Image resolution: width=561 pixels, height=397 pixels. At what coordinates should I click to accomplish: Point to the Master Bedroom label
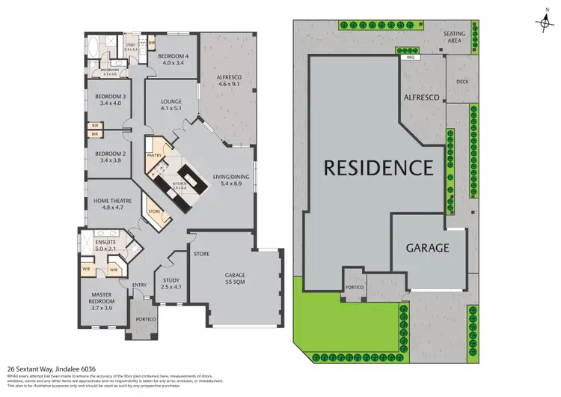[102, 299]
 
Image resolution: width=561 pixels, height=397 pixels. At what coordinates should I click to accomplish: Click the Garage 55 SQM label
[235, 279]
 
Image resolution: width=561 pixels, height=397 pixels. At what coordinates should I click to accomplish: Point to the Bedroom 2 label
[109, 157]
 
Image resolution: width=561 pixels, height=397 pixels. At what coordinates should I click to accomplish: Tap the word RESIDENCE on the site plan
[378, 167]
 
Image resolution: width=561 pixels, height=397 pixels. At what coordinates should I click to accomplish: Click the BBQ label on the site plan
[409, 56]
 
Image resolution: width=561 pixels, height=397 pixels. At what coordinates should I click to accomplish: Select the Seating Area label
[455, 37]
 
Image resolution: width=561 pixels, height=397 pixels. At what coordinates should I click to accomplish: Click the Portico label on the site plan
[355, 287]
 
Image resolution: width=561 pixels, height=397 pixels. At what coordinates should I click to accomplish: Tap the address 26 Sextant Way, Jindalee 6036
[50, 369]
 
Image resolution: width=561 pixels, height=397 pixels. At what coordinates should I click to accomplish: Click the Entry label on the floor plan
[139, 285]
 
